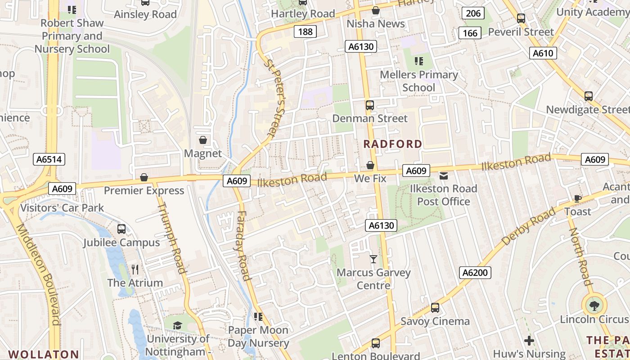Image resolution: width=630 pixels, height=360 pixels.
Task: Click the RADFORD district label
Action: point(392,144)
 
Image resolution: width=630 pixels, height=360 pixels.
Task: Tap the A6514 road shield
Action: point(50,159)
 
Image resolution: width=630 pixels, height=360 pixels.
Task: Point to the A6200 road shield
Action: point(475,273)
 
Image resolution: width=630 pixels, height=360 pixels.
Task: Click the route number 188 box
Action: point(305,31)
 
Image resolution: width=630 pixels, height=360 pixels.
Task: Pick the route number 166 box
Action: point(470,33)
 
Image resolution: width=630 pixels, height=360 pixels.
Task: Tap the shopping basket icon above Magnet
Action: point(203,140)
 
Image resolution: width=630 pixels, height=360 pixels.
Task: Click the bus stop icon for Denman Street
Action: point(369,105)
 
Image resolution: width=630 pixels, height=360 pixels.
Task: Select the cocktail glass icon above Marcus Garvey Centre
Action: point(373,259)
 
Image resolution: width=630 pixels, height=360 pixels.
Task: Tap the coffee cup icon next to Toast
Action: point(578,198)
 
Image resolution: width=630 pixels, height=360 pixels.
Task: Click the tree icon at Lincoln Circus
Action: point(594,306)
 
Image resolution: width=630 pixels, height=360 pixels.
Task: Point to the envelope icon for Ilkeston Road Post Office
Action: point(444,175)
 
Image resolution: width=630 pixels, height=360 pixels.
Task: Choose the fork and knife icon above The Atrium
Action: point(135,269)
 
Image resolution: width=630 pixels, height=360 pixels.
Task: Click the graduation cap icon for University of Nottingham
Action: point(178,325)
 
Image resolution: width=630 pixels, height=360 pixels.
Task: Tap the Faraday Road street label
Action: point(242,246)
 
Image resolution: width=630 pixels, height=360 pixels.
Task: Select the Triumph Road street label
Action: point(171,237)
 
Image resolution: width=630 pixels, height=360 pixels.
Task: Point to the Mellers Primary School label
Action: point(418,81)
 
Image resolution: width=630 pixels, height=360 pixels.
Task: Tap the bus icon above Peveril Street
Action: point(521,18)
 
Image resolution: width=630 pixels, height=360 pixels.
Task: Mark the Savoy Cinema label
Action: point(435,321)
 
